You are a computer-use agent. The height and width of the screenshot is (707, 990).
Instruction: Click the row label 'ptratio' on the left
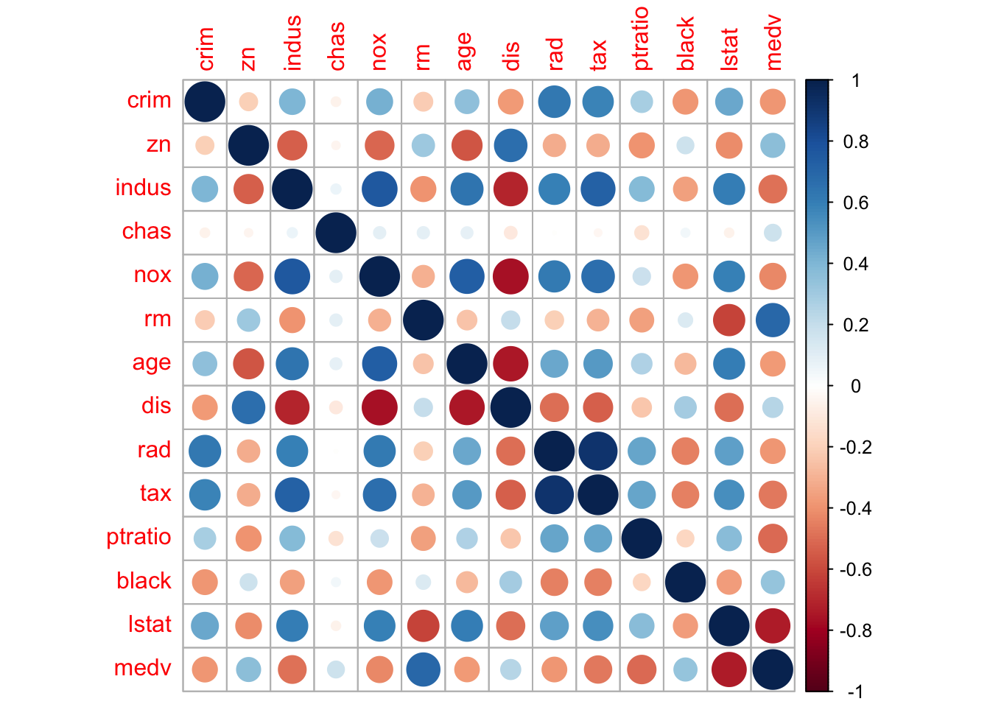point(138,538)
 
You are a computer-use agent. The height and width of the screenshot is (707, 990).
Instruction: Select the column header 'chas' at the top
point(336,46)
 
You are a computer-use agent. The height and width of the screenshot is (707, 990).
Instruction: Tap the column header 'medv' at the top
point(773,43)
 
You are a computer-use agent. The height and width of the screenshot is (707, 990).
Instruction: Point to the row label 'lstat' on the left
point(150,625)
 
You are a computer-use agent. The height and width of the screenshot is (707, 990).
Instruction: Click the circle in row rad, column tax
point(598,451)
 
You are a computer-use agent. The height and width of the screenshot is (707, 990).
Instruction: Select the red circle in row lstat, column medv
point(773,625)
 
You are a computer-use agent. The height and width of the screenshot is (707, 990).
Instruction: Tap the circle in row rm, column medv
point(773,320)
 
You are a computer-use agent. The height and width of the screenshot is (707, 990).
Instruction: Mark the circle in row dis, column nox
point(379,407)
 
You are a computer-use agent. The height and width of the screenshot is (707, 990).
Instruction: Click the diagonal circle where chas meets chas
point(336,233)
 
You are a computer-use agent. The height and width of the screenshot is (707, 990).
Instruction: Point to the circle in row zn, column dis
point(510,145)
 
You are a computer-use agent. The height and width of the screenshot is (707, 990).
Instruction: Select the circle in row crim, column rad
point(554,102)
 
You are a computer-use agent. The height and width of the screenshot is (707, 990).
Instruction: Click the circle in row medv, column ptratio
point(642,669)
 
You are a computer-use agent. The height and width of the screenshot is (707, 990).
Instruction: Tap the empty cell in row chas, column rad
point(554,233)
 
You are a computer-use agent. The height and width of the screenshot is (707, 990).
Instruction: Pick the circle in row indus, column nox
point(379,189)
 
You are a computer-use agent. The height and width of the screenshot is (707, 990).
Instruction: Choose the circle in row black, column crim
point(205,582)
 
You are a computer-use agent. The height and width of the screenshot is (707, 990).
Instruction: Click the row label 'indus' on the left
point(143,189)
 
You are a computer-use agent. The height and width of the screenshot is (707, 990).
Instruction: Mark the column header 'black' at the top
point(686,45)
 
